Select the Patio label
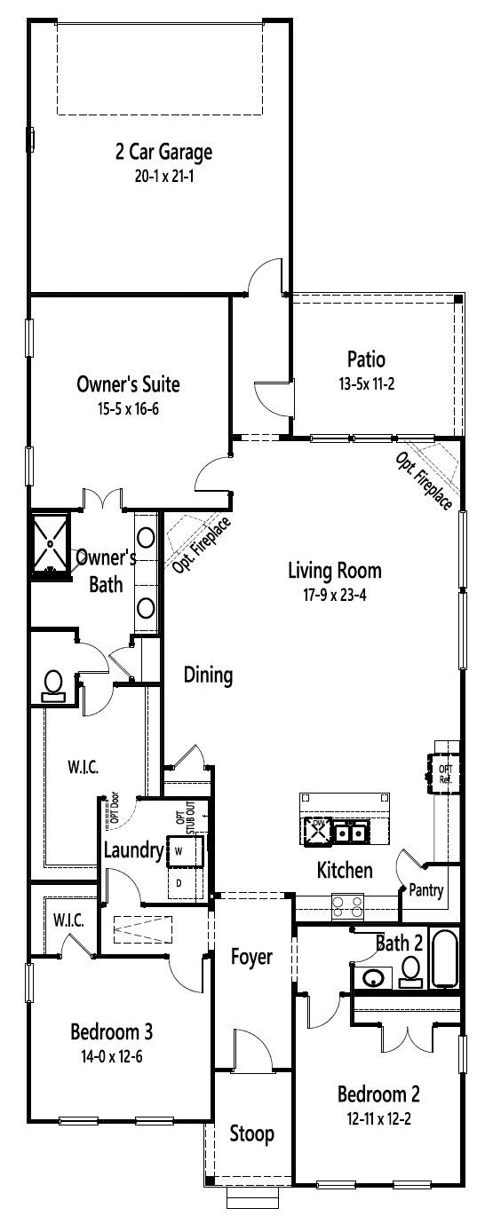click(x=367, y=359)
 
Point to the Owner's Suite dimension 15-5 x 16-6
click(x=129, y=408)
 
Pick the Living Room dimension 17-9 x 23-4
click(x=335, y=595)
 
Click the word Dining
click(x=208, y=675)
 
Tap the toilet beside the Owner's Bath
click(x=53, y=684)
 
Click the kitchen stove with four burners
click(x=347, y=905)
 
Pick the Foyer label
click(x=251, y=957)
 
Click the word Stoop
click(x=251, y=1133)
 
